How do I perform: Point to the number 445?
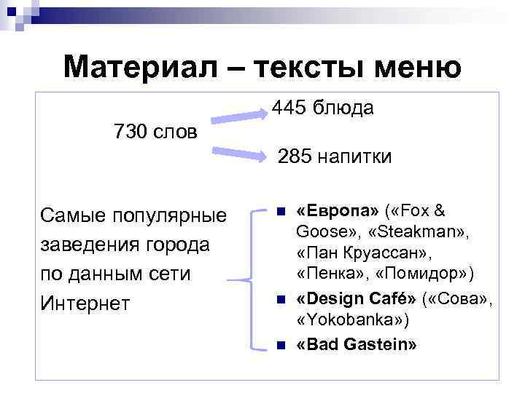pyautogui.click(x=289, y=108)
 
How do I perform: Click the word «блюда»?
pyautogui.click(x=343, y=108)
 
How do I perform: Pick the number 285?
pyautogui.click(x=292, y=156)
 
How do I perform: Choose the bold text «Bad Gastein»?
pyautogui.click(x=357, y=344)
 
